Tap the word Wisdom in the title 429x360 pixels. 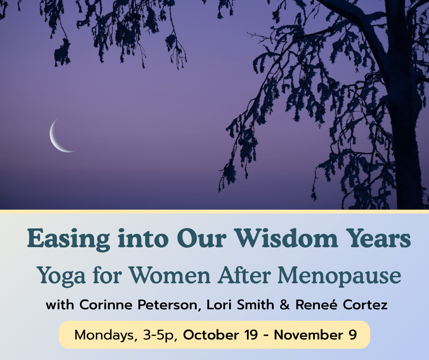(x=287, y=238)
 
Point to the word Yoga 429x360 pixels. (x=61, y=276)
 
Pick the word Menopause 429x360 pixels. (x=340, y=276)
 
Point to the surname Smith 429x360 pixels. (x=256, y=305)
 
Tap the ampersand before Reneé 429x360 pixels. (x=285, y=305)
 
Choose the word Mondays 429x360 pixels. (x=105, y=335)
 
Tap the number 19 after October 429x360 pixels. (x=251, y=335)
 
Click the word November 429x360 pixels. (x=309, y=335)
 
